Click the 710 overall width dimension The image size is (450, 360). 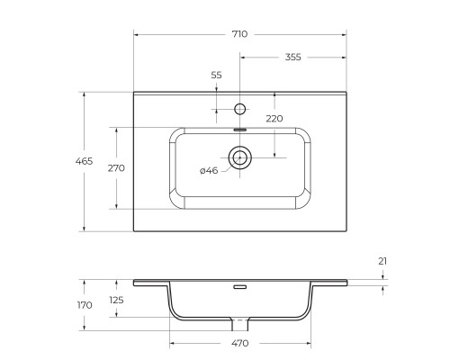coord(239,33)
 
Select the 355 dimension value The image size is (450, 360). coord(292,57)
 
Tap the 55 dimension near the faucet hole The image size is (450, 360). coord(216,76)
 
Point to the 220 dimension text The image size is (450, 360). coord(274,118)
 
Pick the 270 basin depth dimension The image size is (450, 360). coord(115,167)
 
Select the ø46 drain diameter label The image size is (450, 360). coord(209,170)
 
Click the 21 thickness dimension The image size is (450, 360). coord(382,261)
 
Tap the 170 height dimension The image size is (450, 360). coord(84,305)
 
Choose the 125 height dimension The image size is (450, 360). coord(115,300)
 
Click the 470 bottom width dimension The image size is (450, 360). coord(239,343)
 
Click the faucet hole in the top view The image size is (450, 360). coord(239,109)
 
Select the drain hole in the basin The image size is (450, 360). coord(239,158)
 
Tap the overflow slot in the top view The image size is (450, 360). coord(239,129)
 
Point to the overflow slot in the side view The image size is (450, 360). coord(239,288)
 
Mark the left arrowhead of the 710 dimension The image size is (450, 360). coord(137,33)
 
